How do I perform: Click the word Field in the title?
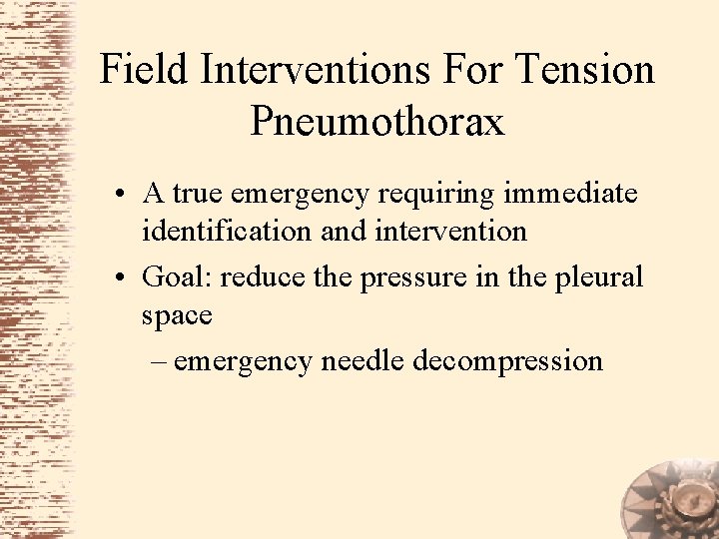pyautogui.click(x=144, y=71)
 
